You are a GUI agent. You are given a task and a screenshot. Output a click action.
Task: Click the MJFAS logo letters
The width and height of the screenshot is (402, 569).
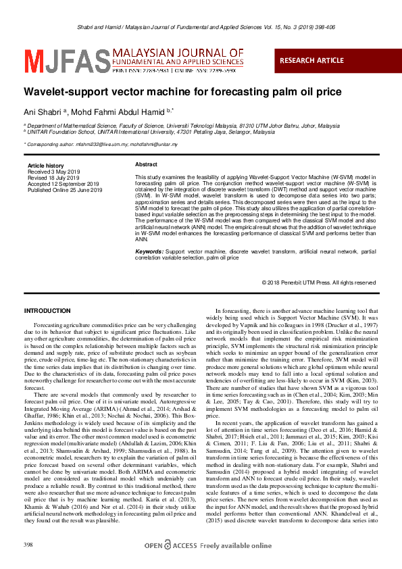[x=56, y=59]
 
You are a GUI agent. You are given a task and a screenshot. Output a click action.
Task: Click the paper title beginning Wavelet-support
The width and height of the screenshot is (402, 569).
[x=172, y=91]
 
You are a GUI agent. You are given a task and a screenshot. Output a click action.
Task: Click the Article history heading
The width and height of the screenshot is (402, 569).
[x=45, y=166]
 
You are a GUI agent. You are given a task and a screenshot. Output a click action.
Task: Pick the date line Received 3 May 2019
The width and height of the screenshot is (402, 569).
[x=54, y=172]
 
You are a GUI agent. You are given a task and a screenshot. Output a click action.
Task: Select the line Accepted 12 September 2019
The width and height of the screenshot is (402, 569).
[x=63, y=184]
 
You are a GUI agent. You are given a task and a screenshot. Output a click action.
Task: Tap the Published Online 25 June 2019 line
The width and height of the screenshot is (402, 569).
[x=64, y=191]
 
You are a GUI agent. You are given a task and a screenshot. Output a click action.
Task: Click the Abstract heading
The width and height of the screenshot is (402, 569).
[x=146, y=165]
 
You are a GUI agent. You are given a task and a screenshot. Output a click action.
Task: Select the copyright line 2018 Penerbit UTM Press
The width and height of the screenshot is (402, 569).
[x=318, y=282]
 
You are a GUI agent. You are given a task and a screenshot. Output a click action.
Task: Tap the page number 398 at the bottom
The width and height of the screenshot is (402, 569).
[x=28, y=545]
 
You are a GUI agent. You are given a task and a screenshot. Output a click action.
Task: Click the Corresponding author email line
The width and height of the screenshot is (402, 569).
[x=101, y=145]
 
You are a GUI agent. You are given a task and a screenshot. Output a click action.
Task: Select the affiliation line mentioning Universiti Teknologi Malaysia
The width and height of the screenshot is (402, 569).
[x=183, y=126]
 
